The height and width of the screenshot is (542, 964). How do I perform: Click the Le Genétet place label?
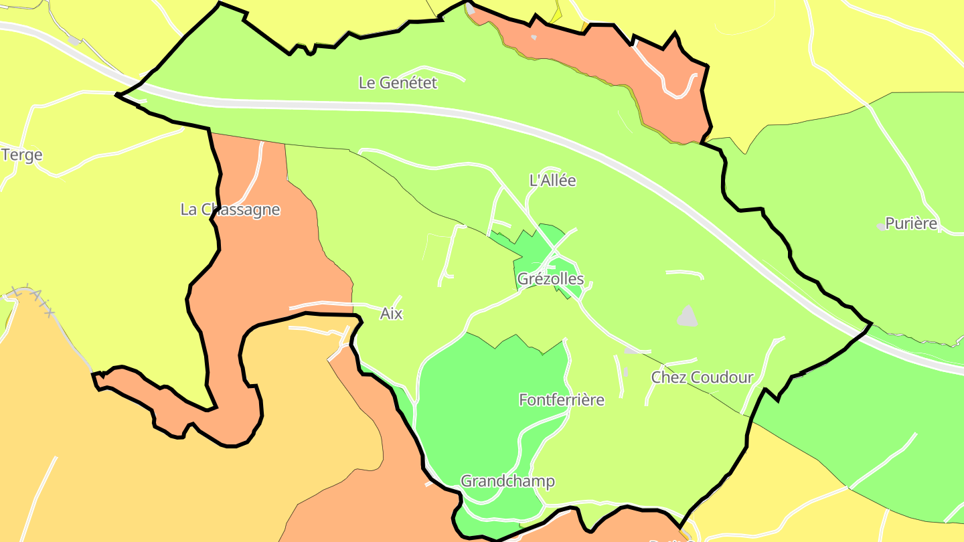(x=398, y=83)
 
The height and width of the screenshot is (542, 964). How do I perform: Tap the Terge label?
(x=21, y=155)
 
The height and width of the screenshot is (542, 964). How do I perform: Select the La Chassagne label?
(x=230, y=209)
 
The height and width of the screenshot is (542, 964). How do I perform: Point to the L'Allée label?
(x=552, y=181)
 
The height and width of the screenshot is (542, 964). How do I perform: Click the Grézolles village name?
(x=550, y=279)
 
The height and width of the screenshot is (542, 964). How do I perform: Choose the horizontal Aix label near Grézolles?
(x=391, y=314)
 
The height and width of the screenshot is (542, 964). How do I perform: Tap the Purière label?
(x=911, y=224)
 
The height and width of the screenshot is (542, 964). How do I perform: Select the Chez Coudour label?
(x=702, y=377)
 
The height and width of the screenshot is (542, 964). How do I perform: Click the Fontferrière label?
(x=562, y=400)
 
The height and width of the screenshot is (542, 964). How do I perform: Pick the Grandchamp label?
(x=507, y=482)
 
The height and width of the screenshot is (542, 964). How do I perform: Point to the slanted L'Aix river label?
(x=37, y=301)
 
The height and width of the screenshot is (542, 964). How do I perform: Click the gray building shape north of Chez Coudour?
(x=687, y=317)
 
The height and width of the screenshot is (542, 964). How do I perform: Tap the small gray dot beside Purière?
(x=880, y=226)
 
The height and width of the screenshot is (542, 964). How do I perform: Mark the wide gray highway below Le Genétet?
(x=402, y=105)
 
